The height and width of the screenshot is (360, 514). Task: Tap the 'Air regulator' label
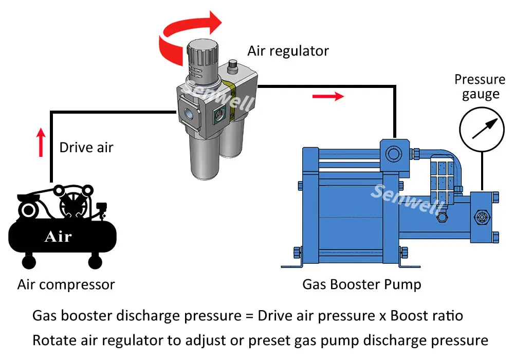coord(288,51)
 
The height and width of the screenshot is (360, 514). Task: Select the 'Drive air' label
coord(86,148)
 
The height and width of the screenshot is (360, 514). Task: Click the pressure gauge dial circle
coord(482,128)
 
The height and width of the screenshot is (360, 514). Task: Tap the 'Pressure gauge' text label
coord(480,87)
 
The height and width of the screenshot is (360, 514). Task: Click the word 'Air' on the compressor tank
coord(58,237)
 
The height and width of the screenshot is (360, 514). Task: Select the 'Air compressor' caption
coord(66,284)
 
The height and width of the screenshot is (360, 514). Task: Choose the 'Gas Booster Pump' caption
coord(361,284)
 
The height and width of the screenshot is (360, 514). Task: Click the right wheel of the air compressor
coord(95,262)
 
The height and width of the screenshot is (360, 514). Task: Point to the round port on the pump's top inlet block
coord(394,152)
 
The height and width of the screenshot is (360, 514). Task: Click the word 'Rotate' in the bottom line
coord(54,340)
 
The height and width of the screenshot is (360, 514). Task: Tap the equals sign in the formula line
coord(249,316)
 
